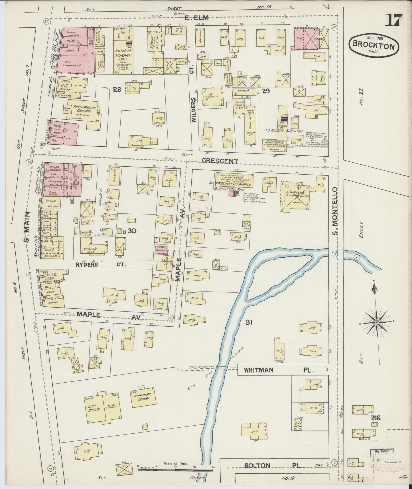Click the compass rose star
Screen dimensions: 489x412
pyautogui.click(x=376, y=323)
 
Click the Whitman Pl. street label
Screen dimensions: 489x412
pyautogui.click(x=279, y=370)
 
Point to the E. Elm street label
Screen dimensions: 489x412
pyautogui.click(x=196, y=18)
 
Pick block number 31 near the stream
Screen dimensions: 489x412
pyautogui.click(x=249, y=322)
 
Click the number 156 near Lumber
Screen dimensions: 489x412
pyautogui.click(x=376, y=418)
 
